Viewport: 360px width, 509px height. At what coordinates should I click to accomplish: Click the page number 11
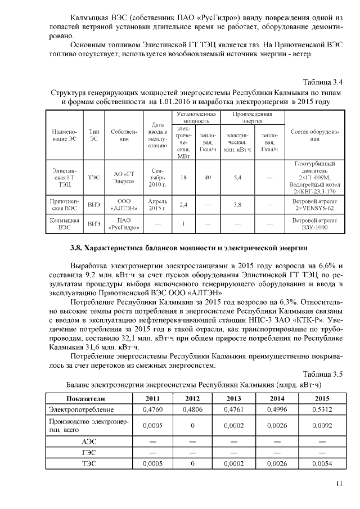[339, 483]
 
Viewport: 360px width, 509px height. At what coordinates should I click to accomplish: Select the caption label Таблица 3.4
[323, 82]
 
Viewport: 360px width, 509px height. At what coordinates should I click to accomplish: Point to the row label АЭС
[89, 442]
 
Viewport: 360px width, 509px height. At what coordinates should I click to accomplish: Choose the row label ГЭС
[89, 453]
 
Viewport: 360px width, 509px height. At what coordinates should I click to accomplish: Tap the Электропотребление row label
[82, 409]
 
